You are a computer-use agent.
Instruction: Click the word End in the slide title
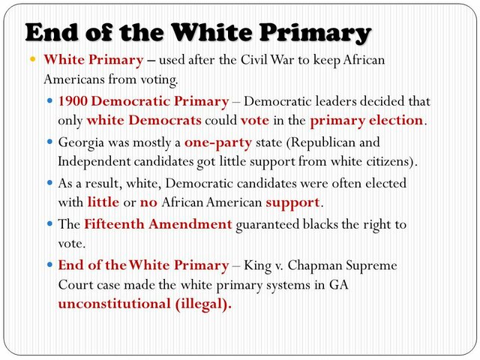52,33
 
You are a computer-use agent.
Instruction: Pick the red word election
394,119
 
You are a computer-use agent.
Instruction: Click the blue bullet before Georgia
49,142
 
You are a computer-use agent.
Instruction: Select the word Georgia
81,142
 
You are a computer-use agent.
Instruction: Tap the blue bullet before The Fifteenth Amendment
49,223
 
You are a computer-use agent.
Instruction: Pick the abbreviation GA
338,285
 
